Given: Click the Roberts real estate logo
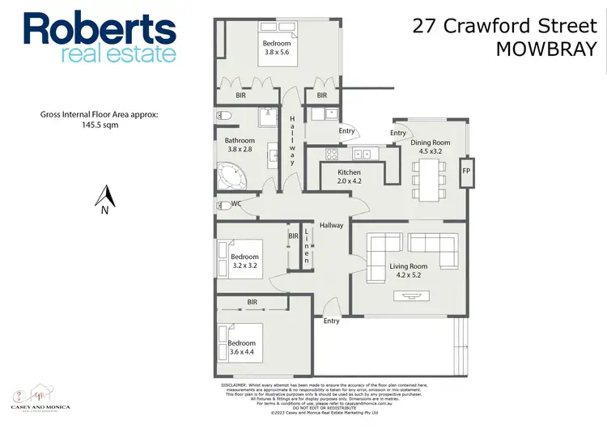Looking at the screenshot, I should point(100,36).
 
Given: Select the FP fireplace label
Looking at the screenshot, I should point(465,172).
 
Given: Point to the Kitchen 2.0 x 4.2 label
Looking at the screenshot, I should point(349,176).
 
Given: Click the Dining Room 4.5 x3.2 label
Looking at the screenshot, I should point(430,147).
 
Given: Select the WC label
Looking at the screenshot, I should point(236,204).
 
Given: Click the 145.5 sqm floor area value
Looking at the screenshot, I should point(100,125).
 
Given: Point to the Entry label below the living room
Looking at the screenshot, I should point(331,321).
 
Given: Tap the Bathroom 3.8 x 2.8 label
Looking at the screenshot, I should point(240,145).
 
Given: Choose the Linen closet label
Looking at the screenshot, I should point(307,248).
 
